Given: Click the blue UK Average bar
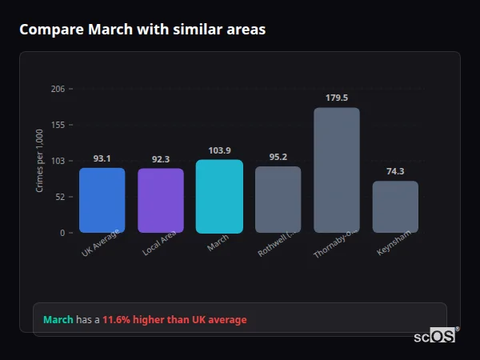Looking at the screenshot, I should pyautogui.click(x=102, y=200).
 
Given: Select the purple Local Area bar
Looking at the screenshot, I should pyautogui.click(x=161, y=200).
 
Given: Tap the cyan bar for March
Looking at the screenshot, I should pyautogui.click(x=219, y=196).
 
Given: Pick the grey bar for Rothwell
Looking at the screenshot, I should pyautogui.click(x=278, y=199).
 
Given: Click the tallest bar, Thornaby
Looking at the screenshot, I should pyautogui.click(x=337, y=170).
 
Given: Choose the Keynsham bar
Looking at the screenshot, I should pyautogui.click(x=395, y=206).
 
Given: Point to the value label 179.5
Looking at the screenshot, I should pyautogui.click(x=337, y=98).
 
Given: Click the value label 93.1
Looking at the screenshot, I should pyautogui.click(x=102, y=158).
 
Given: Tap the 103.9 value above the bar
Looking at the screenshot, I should pyautogui.click(x=219, y=150).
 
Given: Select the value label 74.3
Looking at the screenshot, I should pyautogui.click(x=395, y=171).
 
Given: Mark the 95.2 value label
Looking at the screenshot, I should pyautogui.click(x=278, y=157).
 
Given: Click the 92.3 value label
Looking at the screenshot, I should pyautogui.click(x=161, y=159).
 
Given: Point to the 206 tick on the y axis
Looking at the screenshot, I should pyautogui.click(x=58, y=89).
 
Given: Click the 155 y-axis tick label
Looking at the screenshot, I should pyautogui.click(x=58, y=125).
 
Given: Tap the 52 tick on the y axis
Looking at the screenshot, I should pyautogui.click(x=60, y=197).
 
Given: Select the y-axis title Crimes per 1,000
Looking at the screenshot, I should pyautogui.click(x=39, y=161).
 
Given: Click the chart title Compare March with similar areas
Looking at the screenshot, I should pyautogui.click(x=142, y=30).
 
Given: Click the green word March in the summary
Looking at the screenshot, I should pyautogui.click(x=58, y=320).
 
